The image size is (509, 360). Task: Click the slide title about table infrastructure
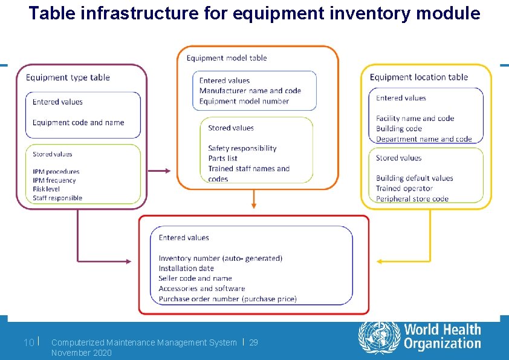point(254,13)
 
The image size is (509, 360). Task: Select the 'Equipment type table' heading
point(68,77)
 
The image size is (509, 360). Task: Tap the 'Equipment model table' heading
point(227,57)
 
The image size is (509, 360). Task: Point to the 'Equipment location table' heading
point(419,77)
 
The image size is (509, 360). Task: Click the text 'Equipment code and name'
point(79,122)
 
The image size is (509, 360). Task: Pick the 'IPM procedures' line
point(56,172)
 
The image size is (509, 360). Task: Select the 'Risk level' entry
point(47,189)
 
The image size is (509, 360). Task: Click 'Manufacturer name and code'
point(250,91)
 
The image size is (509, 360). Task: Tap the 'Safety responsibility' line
point(242,148)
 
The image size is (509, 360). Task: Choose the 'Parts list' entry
point(223,159)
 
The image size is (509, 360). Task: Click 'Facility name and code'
point(415,119)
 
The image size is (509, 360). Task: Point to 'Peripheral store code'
point(412,198)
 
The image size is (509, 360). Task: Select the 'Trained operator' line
point(404,188)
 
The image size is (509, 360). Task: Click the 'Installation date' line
point(186,268)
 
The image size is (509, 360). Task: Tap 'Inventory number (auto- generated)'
point(221,258)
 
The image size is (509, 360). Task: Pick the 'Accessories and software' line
point(202,289)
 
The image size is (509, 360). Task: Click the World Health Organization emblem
point(379,338)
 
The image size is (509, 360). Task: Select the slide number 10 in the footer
point(28,343)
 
